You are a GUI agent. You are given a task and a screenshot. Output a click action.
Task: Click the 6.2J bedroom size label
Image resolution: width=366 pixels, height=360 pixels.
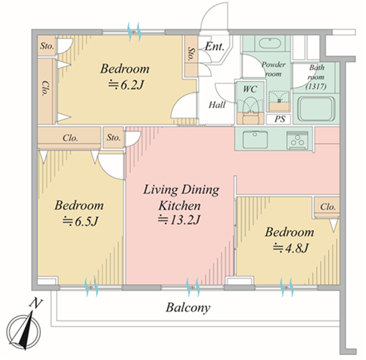[126, 85]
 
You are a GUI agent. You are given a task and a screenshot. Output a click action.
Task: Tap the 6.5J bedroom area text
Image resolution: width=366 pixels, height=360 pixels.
[80, 222]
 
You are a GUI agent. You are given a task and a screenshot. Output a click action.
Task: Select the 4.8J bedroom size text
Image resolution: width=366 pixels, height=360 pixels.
[291, 248]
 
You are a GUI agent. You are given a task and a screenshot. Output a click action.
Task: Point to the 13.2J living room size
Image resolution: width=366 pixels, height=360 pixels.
[179, 220]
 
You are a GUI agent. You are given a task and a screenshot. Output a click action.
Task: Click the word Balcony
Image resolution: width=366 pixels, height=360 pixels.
[188, 308]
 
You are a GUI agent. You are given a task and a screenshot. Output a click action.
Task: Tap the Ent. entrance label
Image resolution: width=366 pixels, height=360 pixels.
[214, 46]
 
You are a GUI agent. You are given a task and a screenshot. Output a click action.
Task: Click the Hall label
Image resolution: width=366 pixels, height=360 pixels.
[217, 105]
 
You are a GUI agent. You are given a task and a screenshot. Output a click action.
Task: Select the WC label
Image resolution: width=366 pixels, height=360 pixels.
[250, 89]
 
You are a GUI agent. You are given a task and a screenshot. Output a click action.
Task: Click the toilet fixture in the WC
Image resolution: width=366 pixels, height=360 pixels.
[248, 108]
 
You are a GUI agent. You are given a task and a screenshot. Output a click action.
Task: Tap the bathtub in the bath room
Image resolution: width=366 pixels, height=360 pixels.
[316, 109]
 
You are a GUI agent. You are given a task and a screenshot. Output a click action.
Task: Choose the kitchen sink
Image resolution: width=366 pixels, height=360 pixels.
[255, 140]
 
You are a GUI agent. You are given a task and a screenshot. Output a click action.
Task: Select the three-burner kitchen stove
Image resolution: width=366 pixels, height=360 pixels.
[297, 140]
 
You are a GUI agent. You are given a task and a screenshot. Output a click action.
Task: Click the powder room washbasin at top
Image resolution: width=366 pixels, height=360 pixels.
[269, 43]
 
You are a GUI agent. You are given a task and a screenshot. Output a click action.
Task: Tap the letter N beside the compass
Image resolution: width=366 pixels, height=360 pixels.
[36, 303]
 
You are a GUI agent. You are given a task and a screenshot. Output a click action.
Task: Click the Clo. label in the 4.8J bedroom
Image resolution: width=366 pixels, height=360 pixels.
[328, 207]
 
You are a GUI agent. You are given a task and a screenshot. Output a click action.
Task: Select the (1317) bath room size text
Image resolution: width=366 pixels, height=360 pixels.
[316, 86]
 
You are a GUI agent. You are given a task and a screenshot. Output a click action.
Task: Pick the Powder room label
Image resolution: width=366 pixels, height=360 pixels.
[274, 69]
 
